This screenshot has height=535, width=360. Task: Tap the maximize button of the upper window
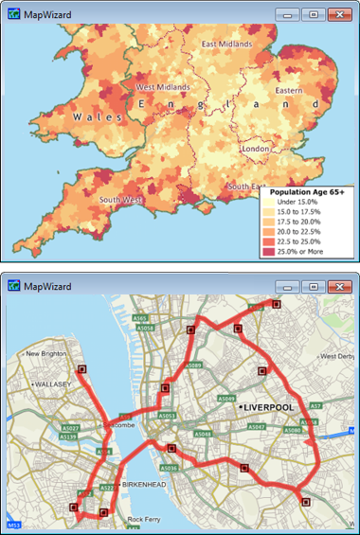pyautogui.click(x=314, y=14)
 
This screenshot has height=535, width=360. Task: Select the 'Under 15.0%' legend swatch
pyautogui.click(x=269, y=204)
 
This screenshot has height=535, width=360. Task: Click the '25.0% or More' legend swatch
pyautogui.click(x=269, y=251)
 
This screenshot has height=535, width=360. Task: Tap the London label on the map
pyautogui.click(x=256, y=149)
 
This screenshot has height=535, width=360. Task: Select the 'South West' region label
pyautogui.click(x=120, y=200)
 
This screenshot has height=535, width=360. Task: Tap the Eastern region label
pyautogui.click(x=289, y=91)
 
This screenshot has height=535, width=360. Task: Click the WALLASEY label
pyautogui.click(x=45, y=385)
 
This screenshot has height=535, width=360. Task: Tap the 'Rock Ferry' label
pyautogui.click(x=148, y=519)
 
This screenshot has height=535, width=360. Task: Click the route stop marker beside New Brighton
pyautogui.click(x=81, y=369)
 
